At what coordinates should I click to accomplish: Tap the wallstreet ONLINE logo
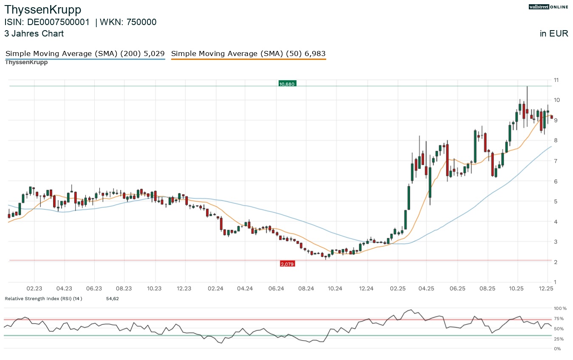pyautogui.click(x=548, y=7)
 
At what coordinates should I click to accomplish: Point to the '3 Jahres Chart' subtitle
pyautogui.click(x=34, y=34)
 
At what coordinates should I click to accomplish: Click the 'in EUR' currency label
pyautogui.click(x=554, y=34)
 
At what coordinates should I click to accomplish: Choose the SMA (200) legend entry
pyautogui.click(x=85, y=54)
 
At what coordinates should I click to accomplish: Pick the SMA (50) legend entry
pyautogui.click(x=248, y=54)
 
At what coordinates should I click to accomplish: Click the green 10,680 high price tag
pyautogui.click(x=287, y=84)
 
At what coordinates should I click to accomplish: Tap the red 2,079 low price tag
pyautogui.click(x=287, y=264)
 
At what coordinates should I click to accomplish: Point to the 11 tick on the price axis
pyautogui.click(x=556, y=80)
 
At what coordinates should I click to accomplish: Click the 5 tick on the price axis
pyautogui.click(x=556, y=201)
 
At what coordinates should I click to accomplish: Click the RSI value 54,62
pyautogui.click(x=112, y=299)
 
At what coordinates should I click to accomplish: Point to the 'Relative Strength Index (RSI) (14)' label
pyautogui.click(x=43, y=299)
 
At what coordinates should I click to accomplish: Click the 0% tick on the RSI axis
pyautogui.click(x=557, y=349)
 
